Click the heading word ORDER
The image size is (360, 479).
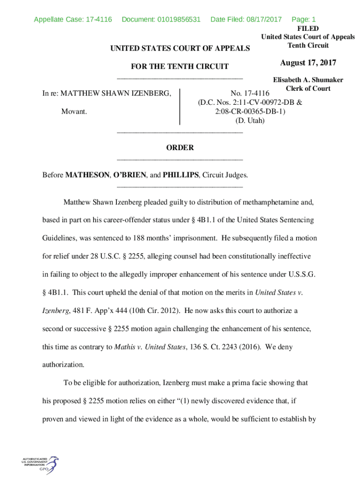[x=180, y=148]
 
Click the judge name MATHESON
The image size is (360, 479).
[x=87, y=175]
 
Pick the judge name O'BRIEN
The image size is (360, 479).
[x=130, y=175]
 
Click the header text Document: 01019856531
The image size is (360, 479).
[x=161, y=20]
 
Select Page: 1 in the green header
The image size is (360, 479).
[x=303, y=20]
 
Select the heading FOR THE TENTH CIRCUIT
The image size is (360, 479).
[x=180, y=66]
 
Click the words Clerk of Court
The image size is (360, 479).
[x=308, y=88]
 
